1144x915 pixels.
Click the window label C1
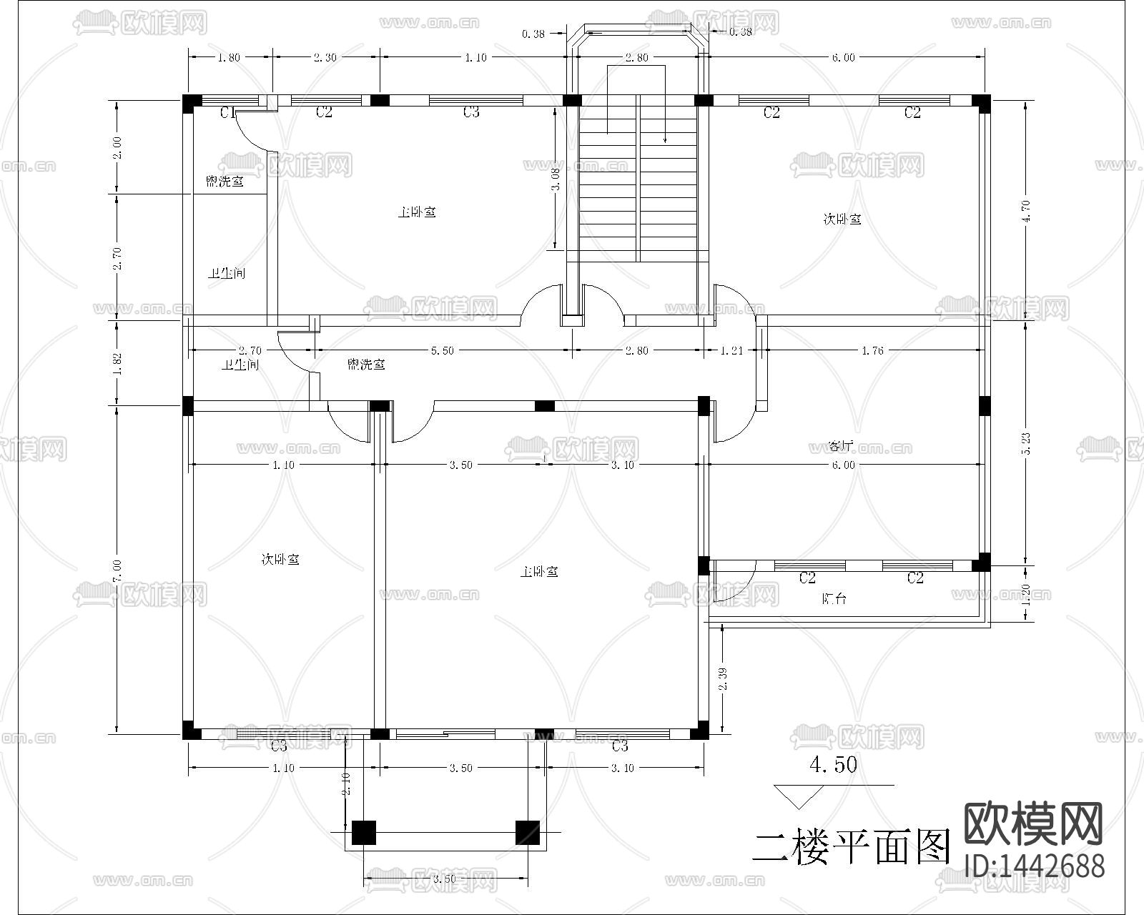[227, 112]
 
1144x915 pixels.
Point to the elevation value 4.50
[833, 765]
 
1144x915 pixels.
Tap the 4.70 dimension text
[1027, 210]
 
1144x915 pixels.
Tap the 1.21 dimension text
[731, 350]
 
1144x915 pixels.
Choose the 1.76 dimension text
[872, 350]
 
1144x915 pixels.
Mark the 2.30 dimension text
[325, 58]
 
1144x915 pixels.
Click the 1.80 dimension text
[229, 58]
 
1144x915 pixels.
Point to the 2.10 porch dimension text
[346, 784]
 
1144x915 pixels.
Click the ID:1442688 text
[1035, 866]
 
